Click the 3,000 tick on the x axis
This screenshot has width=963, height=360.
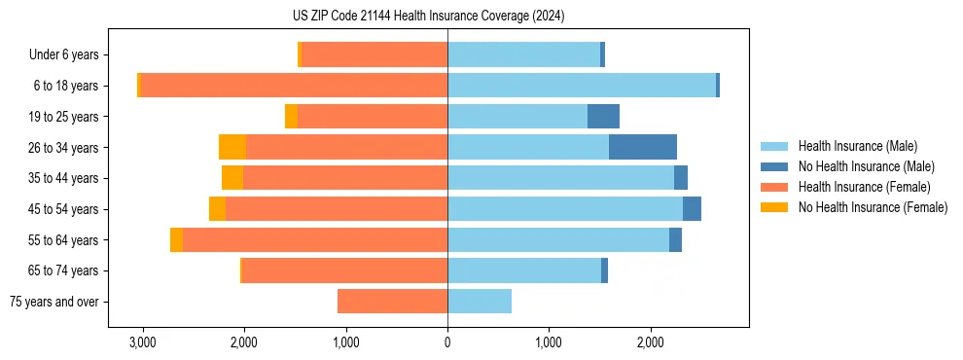pos(142,342)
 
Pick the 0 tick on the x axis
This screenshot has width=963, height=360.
pos(447,342)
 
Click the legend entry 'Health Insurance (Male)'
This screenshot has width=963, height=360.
pos(857,146)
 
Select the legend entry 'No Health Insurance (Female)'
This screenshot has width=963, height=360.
pos(873,207)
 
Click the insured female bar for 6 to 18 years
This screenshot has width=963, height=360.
pos(294,86)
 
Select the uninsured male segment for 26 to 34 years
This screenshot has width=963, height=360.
pos(643,148)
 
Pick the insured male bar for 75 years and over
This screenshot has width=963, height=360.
pos(480,302)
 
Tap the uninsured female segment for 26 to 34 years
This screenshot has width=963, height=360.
pos(232,148)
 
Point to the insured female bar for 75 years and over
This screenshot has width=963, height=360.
pos(392,302)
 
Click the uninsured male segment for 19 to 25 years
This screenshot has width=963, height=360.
pos(603,117)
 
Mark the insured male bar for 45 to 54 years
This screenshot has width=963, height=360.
pos(565,209)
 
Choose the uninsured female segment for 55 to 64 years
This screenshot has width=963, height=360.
pos(176,240)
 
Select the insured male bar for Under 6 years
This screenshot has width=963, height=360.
pos(523,55)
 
